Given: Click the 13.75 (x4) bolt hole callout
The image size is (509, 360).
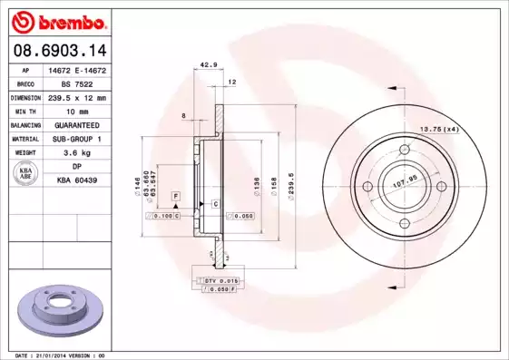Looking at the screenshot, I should click(x=439, y=130).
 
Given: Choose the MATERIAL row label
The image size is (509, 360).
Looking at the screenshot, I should click(x=24, y=139).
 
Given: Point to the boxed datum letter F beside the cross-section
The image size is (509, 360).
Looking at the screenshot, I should click(x=175, y=196).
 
